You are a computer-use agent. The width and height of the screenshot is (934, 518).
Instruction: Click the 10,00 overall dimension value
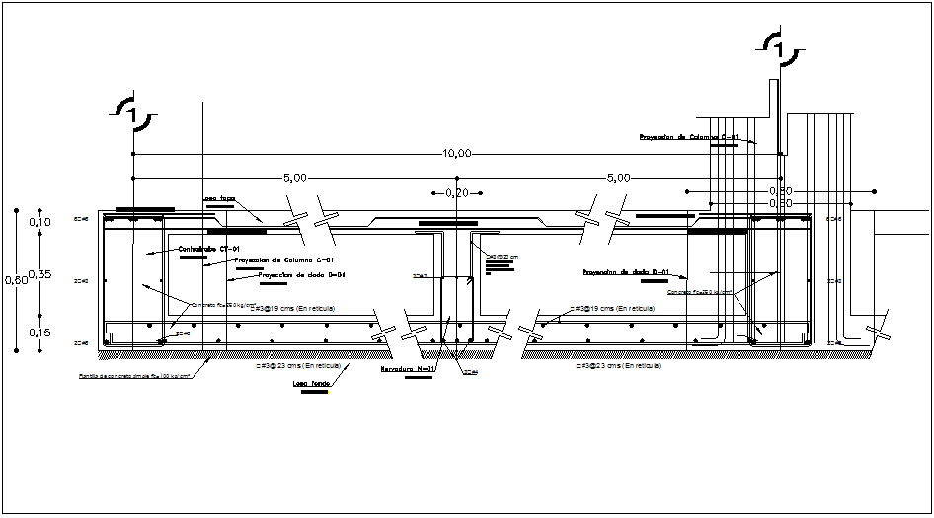pos(457,153)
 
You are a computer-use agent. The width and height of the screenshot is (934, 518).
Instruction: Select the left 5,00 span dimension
pos(294,178)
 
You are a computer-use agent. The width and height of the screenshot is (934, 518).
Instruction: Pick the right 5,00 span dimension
pos(618,178)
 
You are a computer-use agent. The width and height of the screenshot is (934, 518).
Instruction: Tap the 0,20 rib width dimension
pos(457,193)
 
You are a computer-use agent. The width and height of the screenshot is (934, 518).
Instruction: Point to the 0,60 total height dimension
pos(16,280)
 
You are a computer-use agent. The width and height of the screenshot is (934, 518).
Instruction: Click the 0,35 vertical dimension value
pos(40,272)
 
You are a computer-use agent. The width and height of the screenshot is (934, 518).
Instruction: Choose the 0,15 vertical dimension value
pos(40,333)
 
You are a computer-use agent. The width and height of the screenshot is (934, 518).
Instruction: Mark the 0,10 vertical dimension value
pos(40,222)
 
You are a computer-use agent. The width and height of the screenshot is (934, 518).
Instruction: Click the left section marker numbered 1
pos(132,116)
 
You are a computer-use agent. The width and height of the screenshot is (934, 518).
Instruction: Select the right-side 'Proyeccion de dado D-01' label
pos(626,271)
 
